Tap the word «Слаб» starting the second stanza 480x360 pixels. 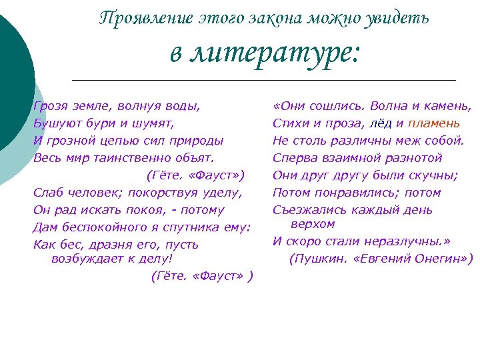point(47,193)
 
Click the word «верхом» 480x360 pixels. point(313,224)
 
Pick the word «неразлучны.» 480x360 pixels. point(412,241)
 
